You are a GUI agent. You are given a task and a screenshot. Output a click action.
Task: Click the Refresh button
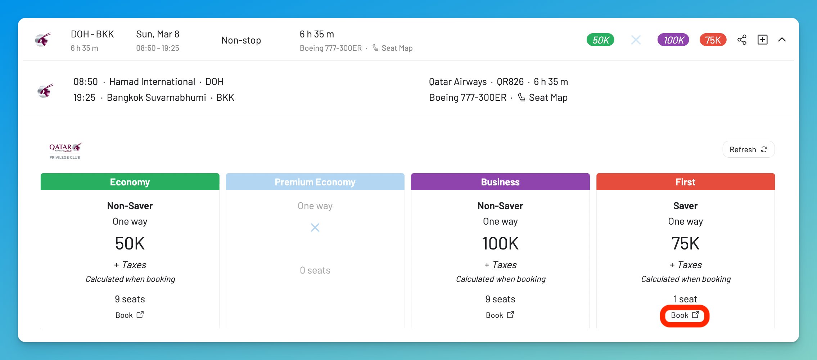[x=748, y=149]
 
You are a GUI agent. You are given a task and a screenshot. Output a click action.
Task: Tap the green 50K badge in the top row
[x=600, y=40]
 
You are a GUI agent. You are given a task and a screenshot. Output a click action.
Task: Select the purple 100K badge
[x=673, y=40]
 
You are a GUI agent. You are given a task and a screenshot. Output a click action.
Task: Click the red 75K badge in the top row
[x=713, y=40]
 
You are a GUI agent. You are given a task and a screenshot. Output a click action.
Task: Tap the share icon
[x=742, y=40]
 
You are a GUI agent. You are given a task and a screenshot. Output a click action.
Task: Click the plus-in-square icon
[x=762, y=40]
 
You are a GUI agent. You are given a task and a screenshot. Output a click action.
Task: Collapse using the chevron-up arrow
[x=782, y=40]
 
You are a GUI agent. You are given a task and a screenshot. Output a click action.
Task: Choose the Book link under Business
[x=500, y=315]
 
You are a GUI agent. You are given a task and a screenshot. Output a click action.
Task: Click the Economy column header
[x=130, y=182]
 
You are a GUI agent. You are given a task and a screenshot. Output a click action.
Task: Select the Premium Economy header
[x=315, y=182]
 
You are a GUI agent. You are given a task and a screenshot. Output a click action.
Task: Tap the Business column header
[x=500, y=182]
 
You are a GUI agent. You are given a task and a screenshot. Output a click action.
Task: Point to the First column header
[x=685, y=182]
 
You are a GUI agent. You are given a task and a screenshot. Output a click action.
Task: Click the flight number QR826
[x=510, y=82]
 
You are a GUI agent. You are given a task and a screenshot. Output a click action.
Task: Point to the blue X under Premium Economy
[x=315, y=228]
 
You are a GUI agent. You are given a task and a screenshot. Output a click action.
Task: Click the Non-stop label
[x=241, y=40]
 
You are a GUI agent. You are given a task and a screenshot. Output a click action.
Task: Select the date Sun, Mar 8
[x=158, y=34]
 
